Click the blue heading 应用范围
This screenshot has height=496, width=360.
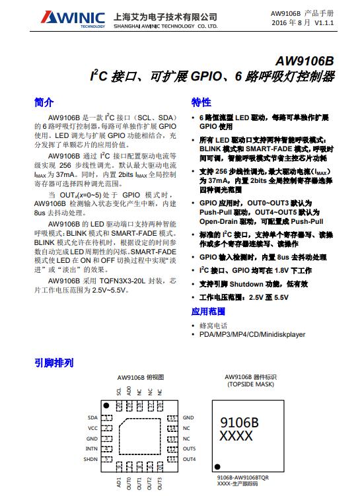(x=208, y=311)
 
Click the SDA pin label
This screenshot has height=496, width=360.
(x=92, y=418)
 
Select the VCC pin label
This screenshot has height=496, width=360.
(x=92, y=428)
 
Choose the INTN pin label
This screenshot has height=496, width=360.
(x=91, y=449)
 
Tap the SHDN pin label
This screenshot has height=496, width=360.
(x=90, y=459)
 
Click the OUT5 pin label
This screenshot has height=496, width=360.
(x=190, y=449)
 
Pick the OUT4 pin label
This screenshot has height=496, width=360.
(x=190, y=459)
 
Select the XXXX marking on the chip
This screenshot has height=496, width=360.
(x=236, y=437)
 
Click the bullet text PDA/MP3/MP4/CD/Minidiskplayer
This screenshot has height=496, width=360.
(x=252, y=335)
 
